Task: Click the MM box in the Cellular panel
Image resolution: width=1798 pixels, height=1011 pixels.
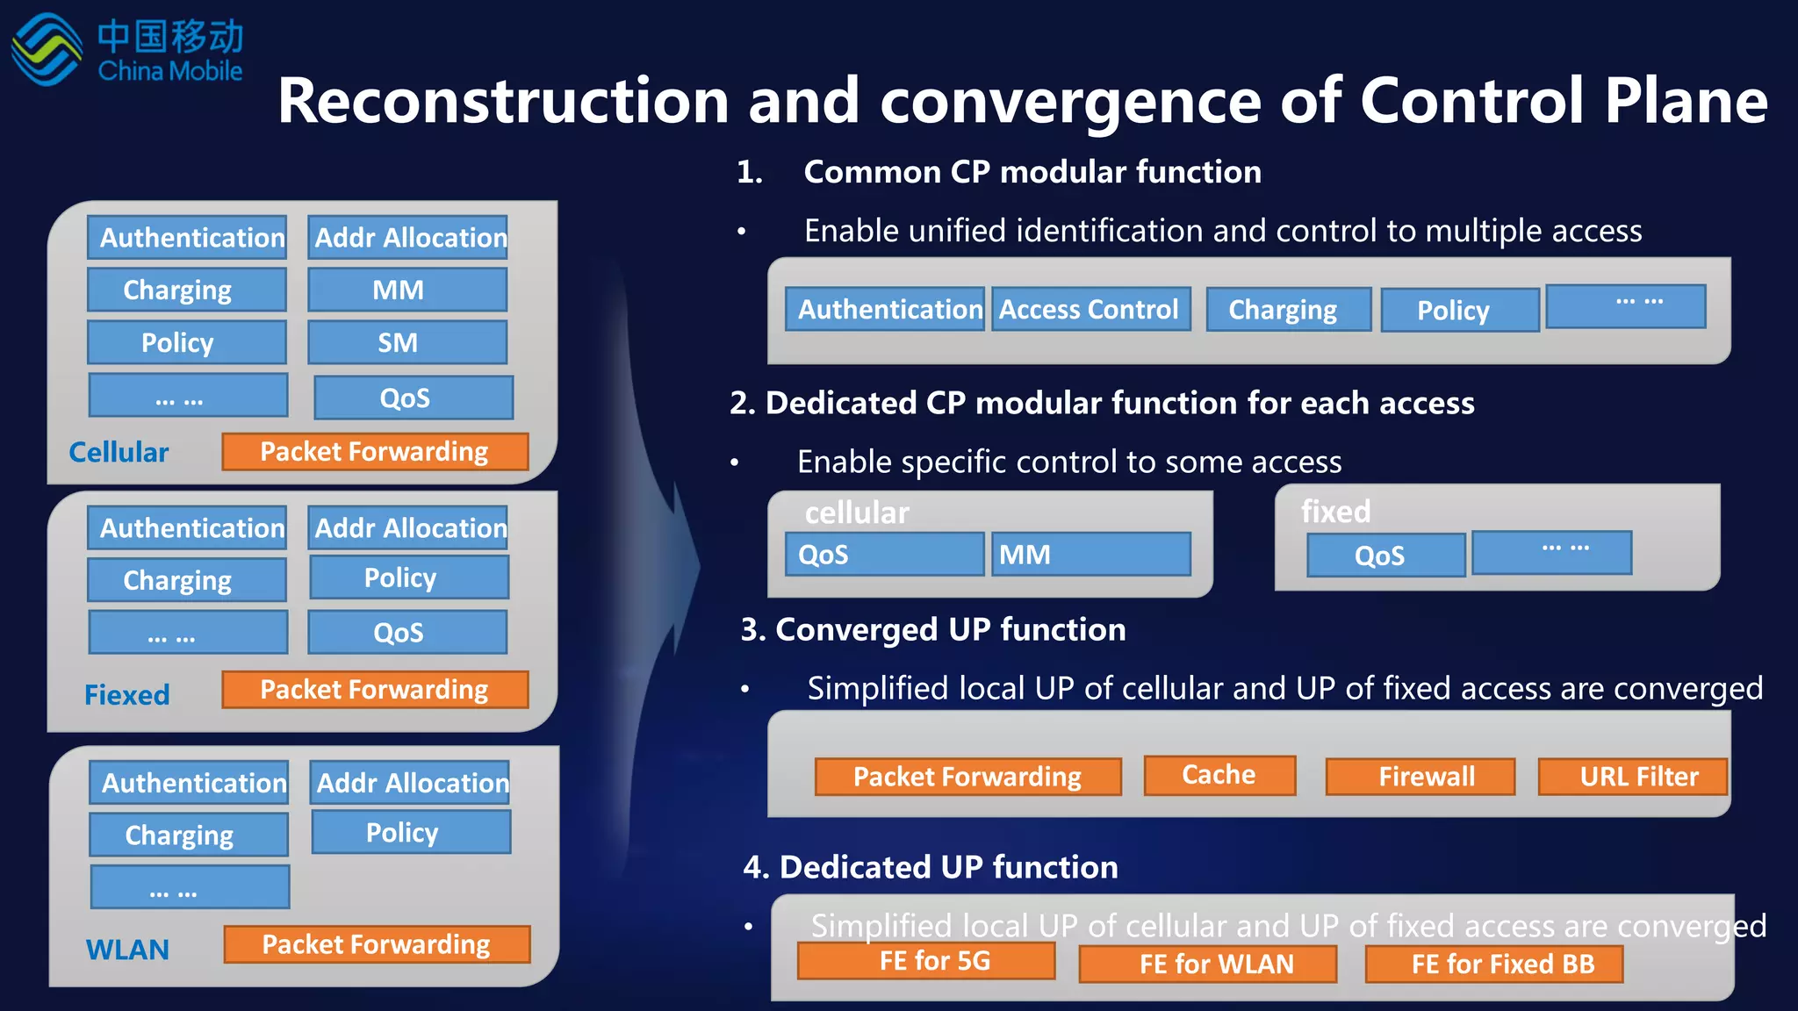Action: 406,290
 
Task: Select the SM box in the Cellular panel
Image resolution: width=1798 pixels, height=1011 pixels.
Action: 406,342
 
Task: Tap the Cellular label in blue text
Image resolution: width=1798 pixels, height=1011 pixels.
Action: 119,452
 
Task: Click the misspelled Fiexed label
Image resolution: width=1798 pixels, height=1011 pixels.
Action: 126,695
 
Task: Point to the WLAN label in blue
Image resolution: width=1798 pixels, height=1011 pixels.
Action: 127,950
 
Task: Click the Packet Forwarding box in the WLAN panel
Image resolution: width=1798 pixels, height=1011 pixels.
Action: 377,944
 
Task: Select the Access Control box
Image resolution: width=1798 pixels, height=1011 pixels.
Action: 1090,310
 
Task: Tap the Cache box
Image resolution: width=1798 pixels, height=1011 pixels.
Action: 1219,775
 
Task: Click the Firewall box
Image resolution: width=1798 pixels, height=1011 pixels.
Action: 1420,777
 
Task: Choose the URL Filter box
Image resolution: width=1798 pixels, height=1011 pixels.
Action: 1632,777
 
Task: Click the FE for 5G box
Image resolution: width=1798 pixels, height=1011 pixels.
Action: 926,961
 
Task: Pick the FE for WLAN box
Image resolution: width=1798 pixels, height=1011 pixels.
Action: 1208,964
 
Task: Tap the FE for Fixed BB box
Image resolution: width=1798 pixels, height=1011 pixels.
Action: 1494,964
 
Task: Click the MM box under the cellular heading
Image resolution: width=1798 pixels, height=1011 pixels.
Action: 1090,555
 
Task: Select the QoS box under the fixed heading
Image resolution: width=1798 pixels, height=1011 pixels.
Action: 1385,556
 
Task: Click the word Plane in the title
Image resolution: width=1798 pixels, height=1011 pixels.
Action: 1686,101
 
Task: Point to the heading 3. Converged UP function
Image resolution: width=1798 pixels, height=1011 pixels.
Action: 933,630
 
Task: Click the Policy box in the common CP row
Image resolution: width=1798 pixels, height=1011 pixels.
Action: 1459,311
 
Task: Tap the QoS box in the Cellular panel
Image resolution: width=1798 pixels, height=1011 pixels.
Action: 413,398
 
